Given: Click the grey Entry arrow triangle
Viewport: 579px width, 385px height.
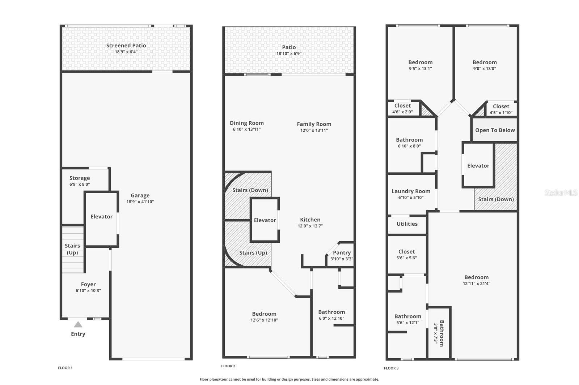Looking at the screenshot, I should click(78, 324).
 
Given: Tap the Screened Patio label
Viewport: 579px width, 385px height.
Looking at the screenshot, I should click(126, 46).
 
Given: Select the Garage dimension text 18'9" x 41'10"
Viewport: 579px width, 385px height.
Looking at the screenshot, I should click(140, 202).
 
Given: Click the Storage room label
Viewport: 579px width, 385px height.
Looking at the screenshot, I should click(80, 178).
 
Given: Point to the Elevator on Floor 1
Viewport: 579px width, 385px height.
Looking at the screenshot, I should click(101, 217).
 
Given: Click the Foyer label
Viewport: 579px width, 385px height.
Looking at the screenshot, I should click(88, 284).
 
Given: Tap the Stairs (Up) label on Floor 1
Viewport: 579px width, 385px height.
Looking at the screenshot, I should click(72, 249).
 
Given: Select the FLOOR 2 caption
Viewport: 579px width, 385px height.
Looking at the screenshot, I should click(228, 366).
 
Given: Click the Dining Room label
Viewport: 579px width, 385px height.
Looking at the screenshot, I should click(247, 123).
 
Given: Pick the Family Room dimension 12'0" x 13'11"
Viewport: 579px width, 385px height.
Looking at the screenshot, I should click(314, 130).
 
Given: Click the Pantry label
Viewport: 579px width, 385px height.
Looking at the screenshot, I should click(342, 253).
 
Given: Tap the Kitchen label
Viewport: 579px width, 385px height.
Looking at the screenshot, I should click(310, 220).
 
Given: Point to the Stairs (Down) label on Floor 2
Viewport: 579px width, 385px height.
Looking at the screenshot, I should click(250, 190).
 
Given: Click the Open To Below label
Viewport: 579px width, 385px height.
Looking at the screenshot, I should click(495, 130).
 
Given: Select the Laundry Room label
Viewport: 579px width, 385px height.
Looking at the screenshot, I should click(411, 191).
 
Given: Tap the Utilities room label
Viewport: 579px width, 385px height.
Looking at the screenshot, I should click(407, 224).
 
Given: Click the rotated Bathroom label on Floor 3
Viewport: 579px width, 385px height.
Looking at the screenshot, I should click(441, 333).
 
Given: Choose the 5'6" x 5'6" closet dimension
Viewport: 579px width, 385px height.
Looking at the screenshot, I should click(407, 258).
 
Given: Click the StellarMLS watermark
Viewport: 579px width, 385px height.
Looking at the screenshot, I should click(561, 192).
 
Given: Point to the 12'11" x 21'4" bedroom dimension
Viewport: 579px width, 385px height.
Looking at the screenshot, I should click(477, 284).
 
